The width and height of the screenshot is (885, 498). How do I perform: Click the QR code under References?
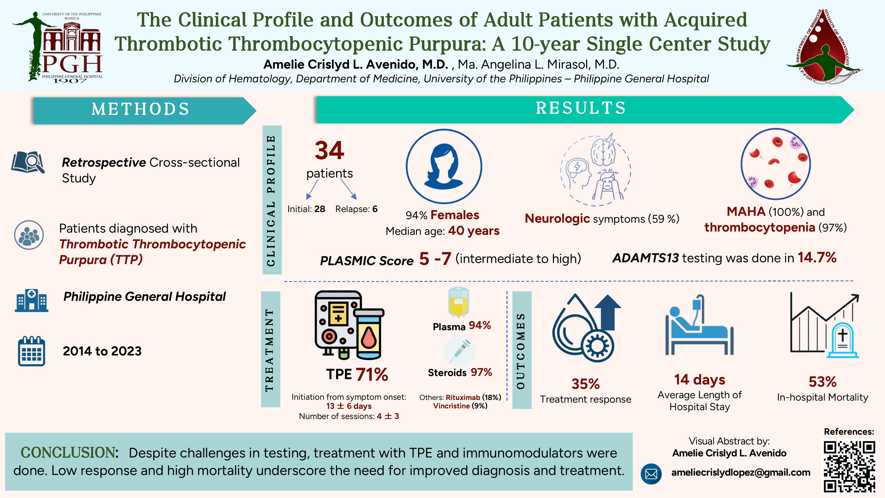[x=849, y=466]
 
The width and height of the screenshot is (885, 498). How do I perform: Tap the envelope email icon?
[x=651, y=474]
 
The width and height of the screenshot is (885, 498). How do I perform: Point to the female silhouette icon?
[x=444, y=166]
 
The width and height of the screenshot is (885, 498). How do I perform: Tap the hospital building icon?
[x=31, y=300]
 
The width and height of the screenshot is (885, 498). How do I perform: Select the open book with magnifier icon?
[x=28, y=162]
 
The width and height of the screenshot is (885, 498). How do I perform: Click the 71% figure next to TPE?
[x=372, y=374]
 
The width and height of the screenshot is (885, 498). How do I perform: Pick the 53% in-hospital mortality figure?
[x=822, y=382]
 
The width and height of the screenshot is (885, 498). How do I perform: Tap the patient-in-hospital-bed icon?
[x=699, y=325]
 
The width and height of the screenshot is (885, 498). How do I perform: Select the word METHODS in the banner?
[x=140, y=109]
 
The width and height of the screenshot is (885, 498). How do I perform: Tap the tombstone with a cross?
[x=842, y=340]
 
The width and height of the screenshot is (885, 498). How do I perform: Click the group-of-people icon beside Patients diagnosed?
[x=29, y=235]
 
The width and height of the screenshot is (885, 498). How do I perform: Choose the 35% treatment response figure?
[x=585, y=384]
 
